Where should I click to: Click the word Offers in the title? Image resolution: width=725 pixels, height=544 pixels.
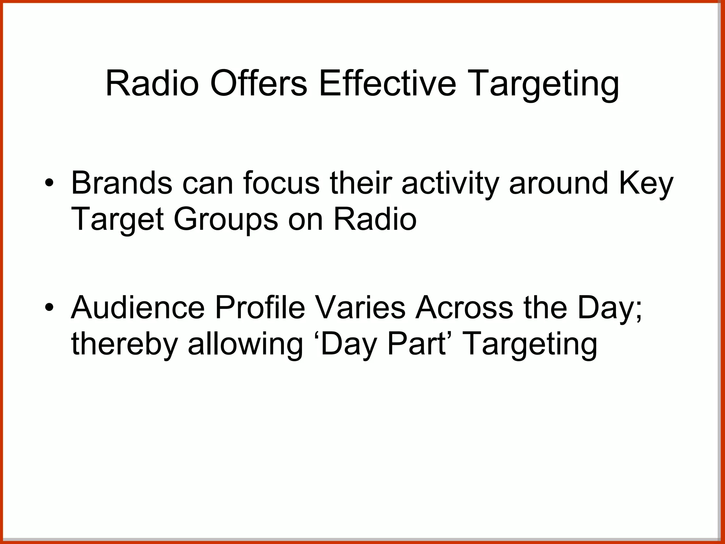tap(258, 84)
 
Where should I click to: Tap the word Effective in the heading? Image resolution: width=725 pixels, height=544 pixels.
tap(387, 84)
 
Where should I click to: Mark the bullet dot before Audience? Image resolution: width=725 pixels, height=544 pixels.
tap(50, 306)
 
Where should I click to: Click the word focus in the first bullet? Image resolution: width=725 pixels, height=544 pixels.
tap(281, 183)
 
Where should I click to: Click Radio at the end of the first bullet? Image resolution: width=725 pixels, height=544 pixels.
tap(375, 219)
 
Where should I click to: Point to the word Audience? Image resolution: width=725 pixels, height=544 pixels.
tap(138, 307)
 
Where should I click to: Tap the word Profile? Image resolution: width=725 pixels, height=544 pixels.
tap(260, 307)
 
